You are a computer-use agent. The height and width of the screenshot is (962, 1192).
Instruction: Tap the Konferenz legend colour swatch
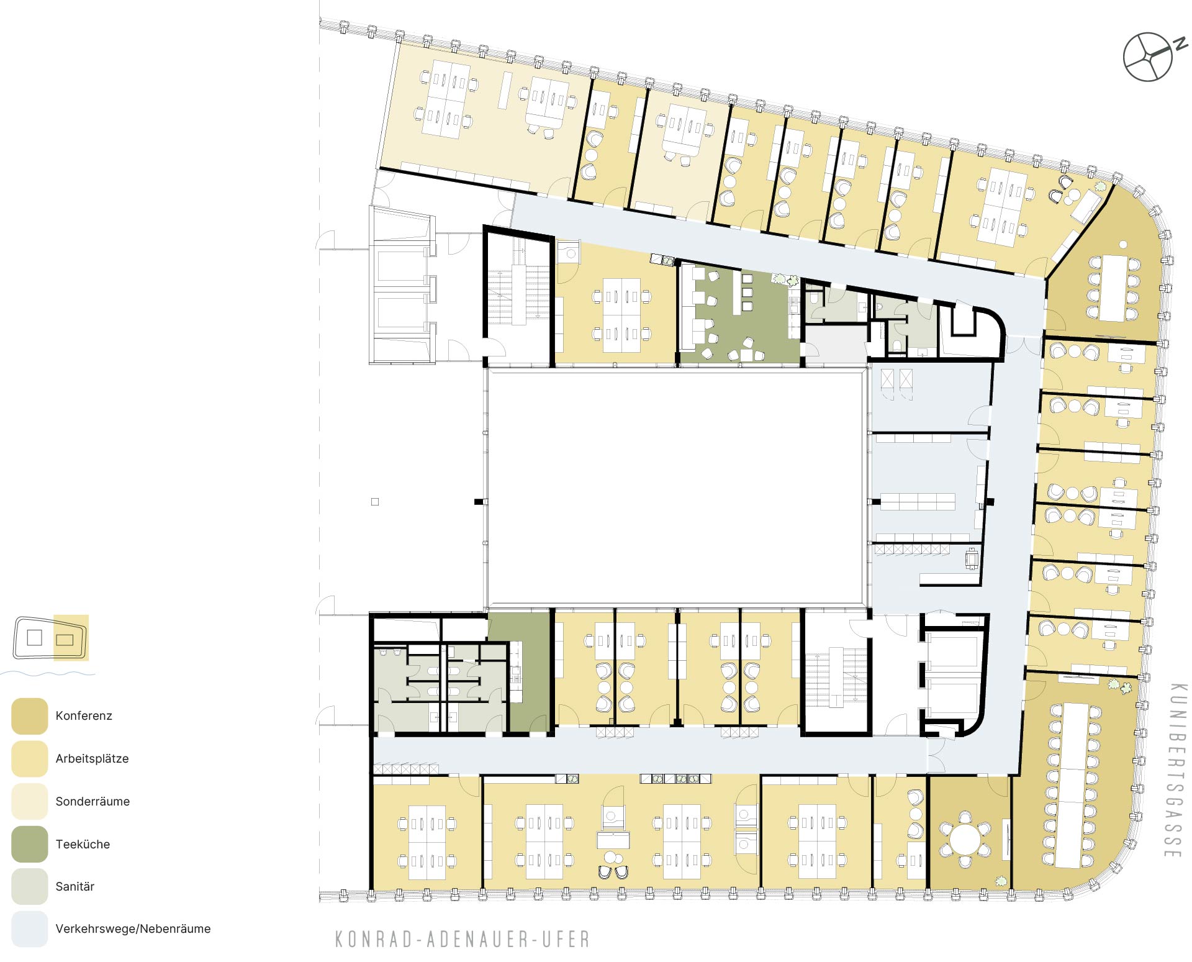click(30, 716)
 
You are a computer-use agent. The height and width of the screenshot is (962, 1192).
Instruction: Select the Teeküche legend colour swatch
click(30, 844)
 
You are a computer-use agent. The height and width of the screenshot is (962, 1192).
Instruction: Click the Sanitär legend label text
click(75, 887)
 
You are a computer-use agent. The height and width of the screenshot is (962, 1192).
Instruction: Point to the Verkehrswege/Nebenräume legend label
click(133, 929)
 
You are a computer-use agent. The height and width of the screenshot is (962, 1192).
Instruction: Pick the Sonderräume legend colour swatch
click(30, 801)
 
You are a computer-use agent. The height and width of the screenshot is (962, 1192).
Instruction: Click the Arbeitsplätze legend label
click(92, 759)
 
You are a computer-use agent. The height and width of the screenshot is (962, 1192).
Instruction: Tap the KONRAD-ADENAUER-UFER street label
click(463, 939)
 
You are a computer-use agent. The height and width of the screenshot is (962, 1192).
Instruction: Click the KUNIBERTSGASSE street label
click(1175, 771)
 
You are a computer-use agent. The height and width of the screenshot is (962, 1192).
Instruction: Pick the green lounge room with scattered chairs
click(740, 314)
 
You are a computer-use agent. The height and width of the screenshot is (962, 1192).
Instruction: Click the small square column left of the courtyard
click(375, 502)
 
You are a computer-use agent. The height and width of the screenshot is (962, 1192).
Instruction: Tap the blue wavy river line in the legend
click(47, 673)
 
